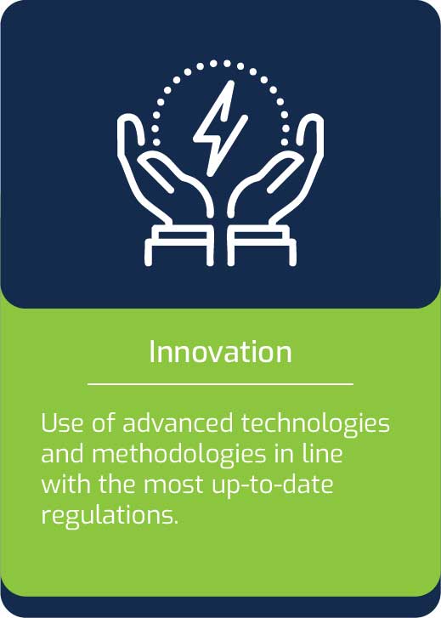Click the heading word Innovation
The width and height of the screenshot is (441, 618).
(x=220, y=352)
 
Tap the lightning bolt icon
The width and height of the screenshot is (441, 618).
(x=221, y=128)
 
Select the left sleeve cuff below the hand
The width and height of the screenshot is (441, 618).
(x=179, y=245)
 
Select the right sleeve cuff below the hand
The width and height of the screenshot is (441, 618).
(x=262, y=245)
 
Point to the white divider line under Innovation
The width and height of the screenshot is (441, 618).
(x=220, y=383)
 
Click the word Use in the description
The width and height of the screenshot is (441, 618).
(x=61, y=423)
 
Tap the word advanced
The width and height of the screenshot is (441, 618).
(x=178, y=423)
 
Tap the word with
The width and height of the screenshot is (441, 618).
(x=66, y=485)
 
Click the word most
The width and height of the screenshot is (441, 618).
(x=172, y=485)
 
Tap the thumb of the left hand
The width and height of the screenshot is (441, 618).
(x=131, y=134)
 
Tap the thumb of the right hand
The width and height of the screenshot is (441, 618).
(x=310, y=134)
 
